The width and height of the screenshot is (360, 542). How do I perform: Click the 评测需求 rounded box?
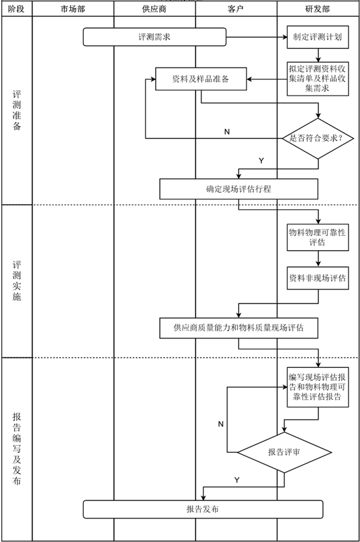[155, 37]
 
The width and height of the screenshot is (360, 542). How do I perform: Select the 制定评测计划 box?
[318, 37]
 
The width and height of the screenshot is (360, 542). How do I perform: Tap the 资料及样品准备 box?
[201, 79]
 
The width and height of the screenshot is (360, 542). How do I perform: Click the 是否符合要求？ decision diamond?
[318, 138]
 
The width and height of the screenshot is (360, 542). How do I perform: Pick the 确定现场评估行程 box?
[238, 189]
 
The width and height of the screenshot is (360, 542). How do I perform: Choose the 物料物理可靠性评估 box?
[318, 237]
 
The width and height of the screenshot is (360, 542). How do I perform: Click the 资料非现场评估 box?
[318, 278]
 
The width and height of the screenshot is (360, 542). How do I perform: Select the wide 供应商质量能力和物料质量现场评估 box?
[238, 328]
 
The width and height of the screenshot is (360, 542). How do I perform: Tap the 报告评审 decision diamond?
[285, 452]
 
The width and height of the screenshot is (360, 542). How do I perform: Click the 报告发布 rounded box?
[203, 509]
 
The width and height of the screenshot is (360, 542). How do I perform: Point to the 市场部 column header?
[73, 9]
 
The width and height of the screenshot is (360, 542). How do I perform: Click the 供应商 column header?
[155, 9]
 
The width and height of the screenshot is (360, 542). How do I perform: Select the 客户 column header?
[236, 9]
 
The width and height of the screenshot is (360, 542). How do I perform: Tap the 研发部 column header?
[318, 9]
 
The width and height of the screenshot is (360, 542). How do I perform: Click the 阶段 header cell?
[17, 9]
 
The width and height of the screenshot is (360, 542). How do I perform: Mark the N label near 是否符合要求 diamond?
[227, 132]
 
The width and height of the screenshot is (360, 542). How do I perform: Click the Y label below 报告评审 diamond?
[237, 480]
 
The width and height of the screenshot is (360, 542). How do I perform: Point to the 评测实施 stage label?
[17, 281]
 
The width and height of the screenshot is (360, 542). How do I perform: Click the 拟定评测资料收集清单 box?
[318, 79]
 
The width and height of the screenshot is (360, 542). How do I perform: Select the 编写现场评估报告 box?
[318, 387]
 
